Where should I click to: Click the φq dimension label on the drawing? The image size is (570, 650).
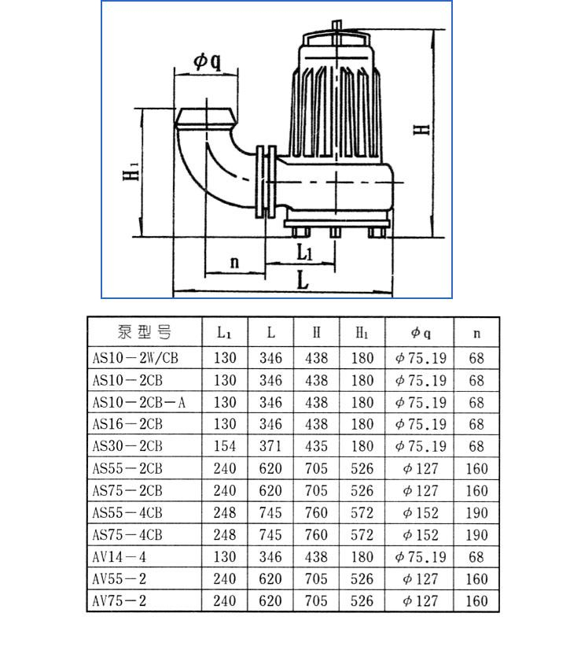click(207, 61)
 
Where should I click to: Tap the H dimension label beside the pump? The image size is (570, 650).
click(422, 128)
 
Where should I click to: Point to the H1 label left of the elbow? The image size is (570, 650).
click(131, 170)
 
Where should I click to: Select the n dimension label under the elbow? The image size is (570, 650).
click(234, 262)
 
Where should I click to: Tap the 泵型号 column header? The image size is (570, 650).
click(144, 332)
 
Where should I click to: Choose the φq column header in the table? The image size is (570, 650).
click(420, 333)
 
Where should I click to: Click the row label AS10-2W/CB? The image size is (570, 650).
click(136, 358)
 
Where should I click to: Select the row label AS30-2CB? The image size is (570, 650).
click(128, 446)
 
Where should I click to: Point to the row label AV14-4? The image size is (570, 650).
click(122, 557)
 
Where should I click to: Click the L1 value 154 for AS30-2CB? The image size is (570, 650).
click(225, 446)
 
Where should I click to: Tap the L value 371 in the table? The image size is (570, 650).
click(270, 446)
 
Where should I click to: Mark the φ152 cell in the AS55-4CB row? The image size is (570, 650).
click(420, 513)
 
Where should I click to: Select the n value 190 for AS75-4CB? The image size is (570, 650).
click(476, 535)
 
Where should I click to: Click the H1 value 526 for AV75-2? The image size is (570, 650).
click(362, 601)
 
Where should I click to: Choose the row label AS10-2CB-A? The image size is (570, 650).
click(139, 402)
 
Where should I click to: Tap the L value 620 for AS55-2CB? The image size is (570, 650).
click(270, 468)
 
